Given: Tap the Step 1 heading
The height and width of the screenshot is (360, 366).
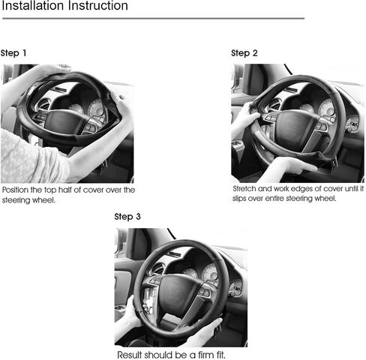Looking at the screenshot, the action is [x=13, y=53].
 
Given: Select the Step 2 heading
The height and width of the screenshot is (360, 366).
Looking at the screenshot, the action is [x=244, y=53].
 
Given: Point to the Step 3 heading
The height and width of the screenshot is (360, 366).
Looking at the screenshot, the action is [x=127, y=217].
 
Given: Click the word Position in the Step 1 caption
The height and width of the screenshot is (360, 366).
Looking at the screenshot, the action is [x=15, y=190].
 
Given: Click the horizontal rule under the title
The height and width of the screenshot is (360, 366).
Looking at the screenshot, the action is [x=153, y=18].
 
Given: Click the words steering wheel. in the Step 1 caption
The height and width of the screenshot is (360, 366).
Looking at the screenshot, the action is [x=28, y=200].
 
